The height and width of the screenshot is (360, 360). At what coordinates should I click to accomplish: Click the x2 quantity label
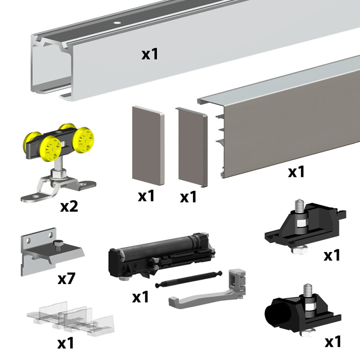tap(69, 206)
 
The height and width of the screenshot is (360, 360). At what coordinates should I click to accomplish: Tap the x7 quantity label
tap(67, 278)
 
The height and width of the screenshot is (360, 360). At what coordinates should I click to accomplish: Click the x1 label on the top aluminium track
tap(150, 54)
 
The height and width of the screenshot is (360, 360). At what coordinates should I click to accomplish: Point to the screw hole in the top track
tap(117, 23)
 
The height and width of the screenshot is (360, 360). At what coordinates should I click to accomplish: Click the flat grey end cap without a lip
tap(148, 145)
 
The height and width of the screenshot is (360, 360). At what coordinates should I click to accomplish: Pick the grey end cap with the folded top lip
tap(193, 147)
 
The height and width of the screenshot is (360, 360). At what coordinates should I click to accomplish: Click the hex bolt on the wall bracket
tap(58, 245)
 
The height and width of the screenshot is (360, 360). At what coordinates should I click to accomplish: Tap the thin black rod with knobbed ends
tap(189, 279)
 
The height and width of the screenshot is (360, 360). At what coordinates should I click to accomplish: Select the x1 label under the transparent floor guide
tap(66, 343)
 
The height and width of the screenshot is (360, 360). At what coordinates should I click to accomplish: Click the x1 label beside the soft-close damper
tap(140, 297)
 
